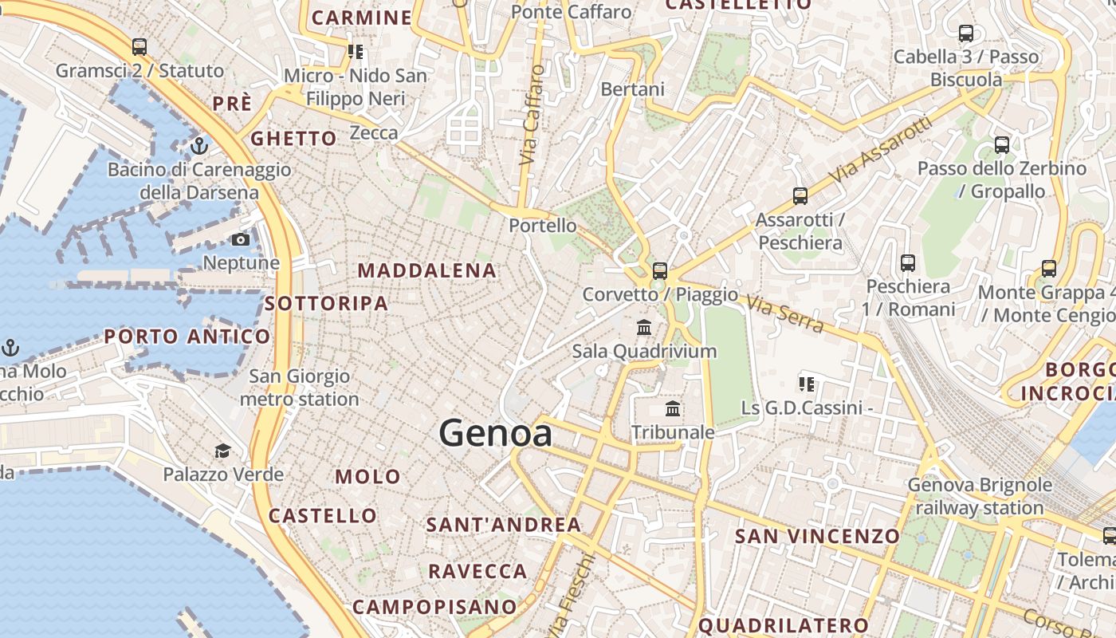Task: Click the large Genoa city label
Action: click(495, 433)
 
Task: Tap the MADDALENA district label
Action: click(426, 270)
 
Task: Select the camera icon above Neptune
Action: click(241, 239)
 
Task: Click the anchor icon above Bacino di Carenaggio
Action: click(199, 146)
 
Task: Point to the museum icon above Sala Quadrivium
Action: click(644, 327)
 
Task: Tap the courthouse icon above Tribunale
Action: click(673, 409)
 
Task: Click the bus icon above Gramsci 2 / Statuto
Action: click(139, 47)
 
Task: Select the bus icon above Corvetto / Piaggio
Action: click(659, 270)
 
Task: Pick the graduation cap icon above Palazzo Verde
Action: click(222, 451)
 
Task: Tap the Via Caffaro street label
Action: click(532, 115)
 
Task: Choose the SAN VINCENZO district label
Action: click(817, 535)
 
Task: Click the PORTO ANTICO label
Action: click(187, 337)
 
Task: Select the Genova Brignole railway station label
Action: click(980, 496)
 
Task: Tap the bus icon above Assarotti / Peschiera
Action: click(800, 195)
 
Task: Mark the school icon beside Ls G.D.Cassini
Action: click(807, 384)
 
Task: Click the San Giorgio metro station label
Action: click(300, 388)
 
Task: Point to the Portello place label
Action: click(543, 226)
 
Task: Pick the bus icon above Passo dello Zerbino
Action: click(1002, 145)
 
